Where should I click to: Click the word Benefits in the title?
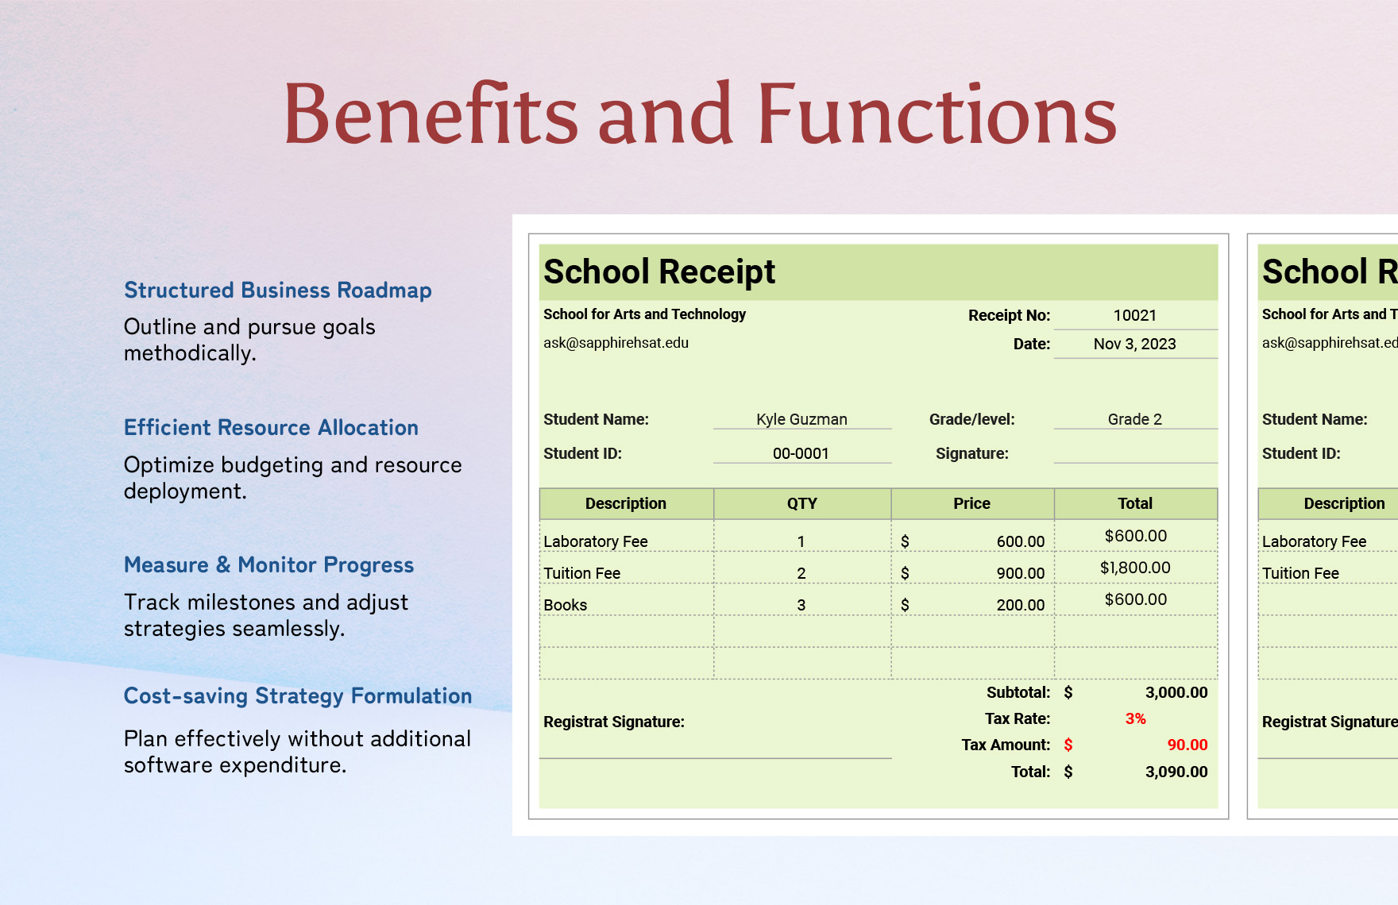430,114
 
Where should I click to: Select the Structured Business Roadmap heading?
277,291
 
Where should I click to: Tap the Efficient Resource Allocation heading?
271,428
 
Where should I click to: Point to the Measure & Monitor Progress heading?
268,565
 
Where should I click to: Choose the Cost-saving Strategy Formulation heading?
298,696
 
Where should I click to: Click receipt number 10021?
1134,315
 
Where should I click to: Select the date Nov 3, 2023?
1134,344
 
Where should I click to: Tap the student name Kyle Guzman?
801,419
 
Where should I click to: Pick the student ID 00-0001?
801,453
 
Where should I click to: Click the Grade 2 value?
1134,419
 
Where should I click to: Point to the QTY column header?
801,503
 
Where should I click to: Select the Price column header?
971,503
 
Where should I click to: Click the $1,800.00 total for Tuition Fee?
1135,568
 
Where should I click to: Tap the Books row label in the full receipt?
566,605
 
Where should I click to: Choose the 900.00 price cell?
1020,573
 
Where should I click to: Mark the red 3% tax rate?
1135,718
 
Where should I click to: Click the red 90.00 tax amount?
1187,745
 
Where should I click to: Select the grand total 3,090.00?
1176,772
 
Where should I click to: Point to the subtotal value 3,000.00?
1176,692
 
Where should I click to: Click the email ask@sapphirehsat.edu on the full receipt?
616,343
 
